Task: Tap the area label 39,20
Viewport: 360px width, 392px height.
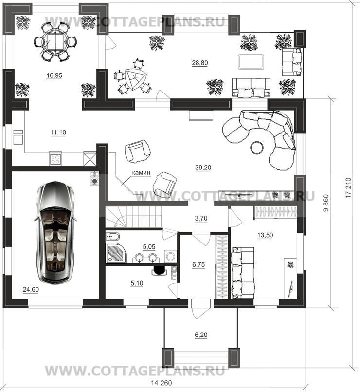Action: (203, 168)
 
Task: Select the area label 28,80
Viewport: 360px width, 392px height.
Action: (200, 63)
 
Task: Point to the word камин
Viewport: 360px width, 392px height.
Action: (141, 173)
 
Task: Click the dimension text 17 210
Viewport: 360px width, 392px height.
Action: (349, 187)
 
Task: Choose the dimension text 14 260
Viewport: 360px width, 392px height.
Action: (162, 383)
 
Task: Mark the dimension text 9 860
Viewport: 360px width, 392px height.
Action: (326, 203)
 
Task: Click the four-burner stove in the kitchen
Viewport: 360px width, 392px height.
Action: (55, 159)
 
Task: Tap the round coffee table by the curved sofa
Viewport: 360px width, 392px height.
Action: (256, 148)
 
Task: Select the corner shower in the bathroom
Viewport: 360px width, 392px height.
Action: (116, 253)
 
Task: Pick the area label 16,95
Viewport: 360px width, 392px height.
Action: (54, 75)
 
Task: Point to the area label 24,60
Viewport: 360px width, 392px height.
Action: (31, 290)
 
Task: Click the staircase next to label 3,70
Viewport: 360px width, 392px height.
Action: (133, 217)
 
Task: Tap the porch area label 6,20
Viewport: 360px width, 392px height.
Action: (201, 335)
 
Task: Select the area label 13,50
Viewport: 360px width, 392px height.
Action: (265, 235)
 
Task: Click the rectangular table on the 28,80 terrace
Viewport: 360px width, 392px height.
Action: (251, 62)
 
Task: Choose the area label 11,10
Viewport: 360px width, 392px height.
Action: (58, 132)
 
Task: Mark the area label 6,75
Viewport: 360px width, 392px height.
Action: (198, 264)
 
